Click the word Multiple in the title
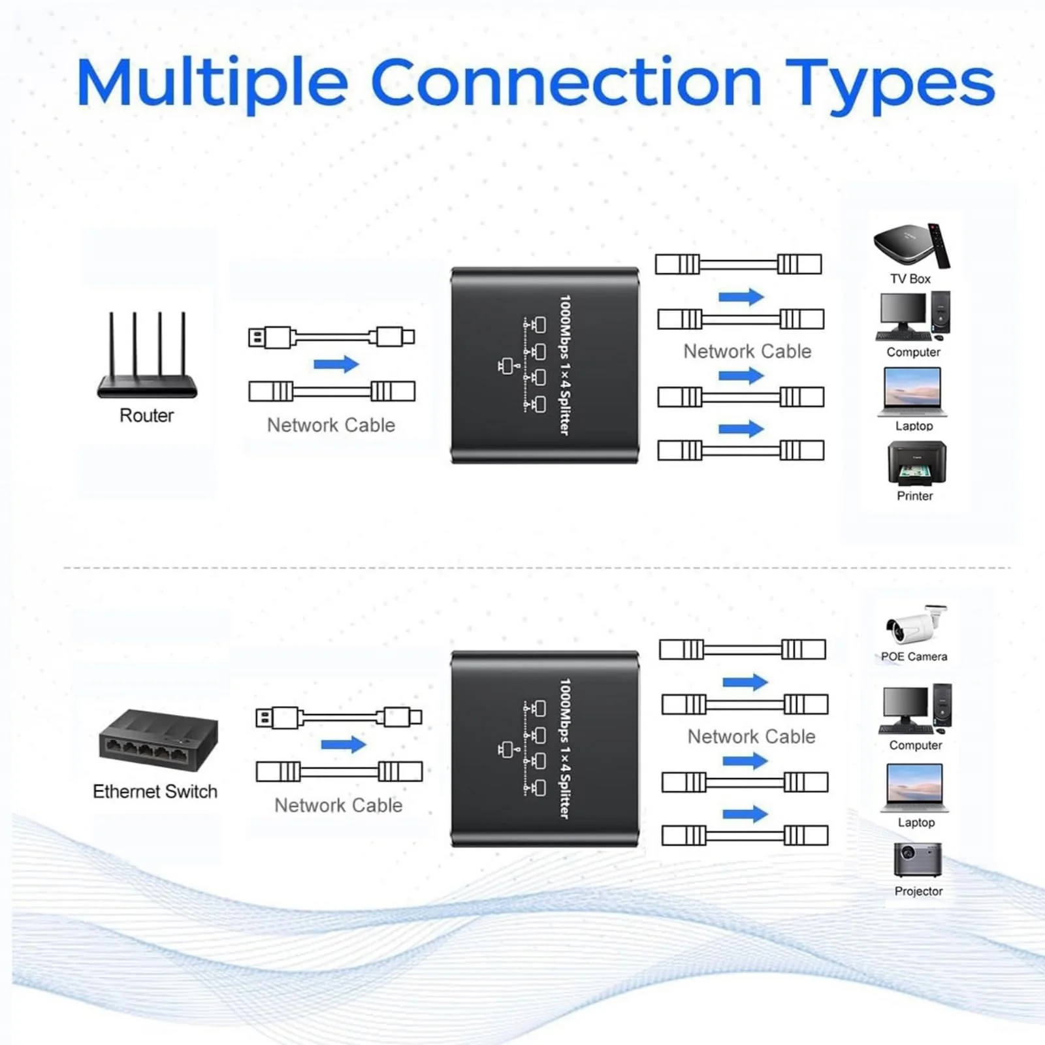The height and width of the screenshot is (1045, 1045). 213,83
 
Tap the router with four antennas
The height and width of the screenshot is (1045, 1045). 147,355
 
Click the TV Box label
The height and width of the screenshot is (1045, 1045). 910,279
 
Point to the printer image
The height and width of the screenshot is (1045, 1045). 916,463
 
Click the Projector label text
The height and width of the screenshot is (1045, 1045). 918,891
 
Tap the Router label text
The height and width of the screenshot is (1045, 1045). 146,415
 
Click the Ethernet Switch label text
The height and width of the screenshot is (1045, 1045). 155,792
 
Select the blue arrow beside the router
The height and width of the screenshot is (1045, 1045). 336,364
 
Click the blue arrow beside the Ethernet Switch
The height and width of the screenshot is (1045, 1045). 344,744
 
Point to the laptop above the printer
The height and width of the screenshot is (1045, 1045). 913,391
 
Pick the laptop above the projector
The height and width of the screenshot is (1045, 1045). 915,787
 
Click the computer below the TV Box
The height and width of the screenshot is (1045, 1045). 913,317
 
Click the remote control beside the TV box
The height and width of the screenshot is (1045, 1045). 939,246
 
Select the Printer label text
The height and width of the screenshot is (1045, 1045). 914,496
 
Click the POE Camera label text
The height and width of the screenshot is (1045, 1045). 914,656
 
